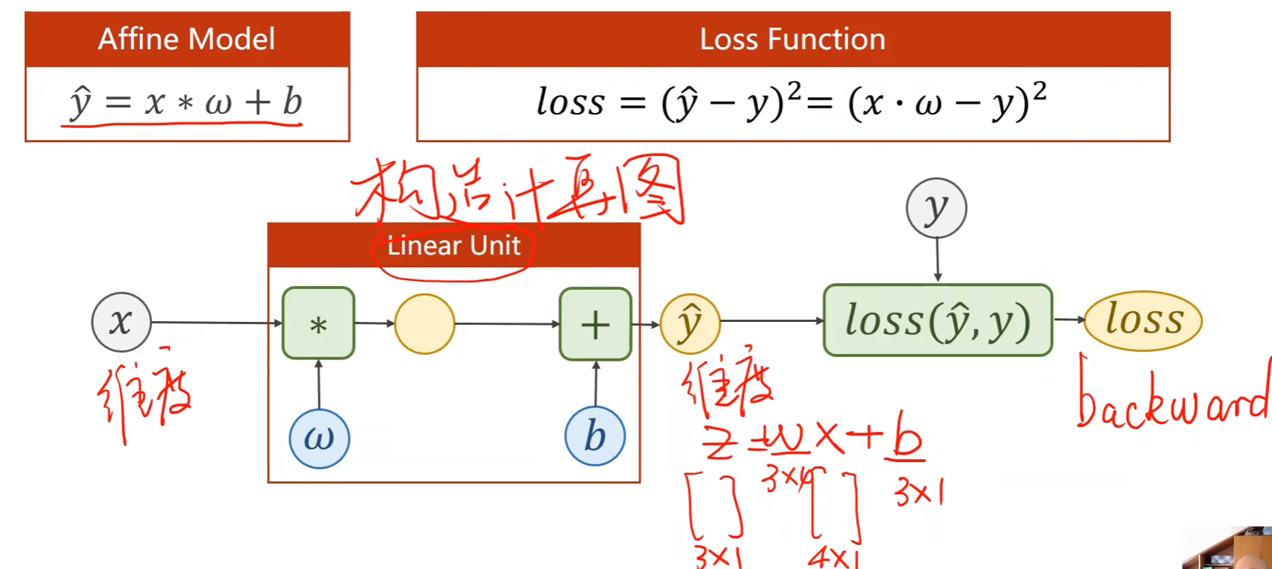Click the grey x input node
click(121, 322)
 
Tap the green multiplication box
click(318, 323)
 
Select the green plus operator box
click(596, 324)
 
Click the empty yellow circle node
click(425, 323)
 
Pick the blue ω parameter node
click(319, 438)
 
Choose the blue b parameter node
click(595, 436)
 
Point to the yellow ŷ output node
click(690, 323)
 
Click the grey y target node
click(936, 208)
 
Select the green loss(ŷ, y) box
click(937, 320)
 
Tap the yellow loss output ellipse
click(1143, 320)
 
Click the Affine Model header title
click(187, 39)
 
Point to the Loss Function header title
click(793, 39)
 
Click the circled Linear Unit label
click(454, 246)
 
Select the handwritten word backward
click(1173, 397)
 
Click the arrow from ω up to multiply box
click(318, 384)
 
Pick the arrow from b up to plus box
click(596, 384)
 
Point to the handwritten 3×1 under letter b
click(918, 493)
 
